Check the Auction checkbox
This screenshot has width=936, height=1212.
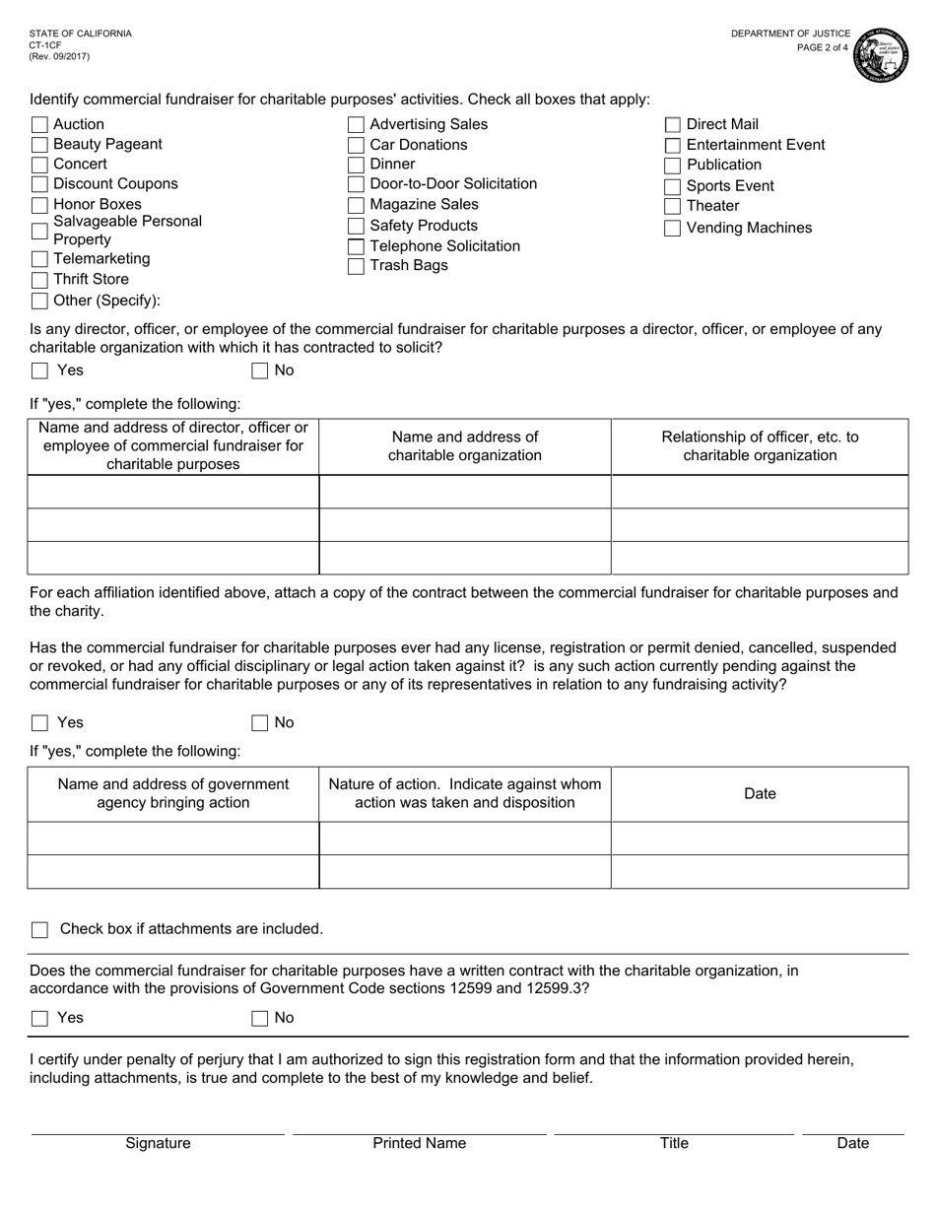point(39,124)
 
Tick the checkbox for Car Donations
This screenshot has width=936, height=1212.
point(357,145)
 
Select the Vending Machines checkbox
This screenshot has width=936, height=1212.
point(673,229)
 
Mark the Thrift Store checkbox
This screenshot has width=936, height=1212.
point(39,280)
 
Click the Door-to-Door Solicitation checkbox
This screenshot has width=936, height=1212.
point(357,185)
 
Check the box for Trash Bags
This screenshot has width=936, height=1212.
point(357,266)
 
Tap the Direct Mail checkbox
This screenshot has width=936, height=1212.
point(673,125)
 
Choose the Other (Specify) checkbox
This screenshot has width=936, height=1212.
point(39,302)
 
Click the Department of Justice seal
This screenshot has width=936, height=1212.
point(881,55)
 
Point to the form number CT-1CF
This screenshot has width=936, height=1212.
point(45,45)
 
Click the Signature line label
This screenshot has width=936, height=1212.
point(158,1144)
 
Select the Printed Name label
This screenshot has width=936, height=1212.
point(419,1144)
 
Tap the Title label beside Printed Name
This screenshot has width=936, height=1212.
point(674,1144)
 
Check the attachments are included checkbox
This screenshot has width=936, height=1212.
point(39,930)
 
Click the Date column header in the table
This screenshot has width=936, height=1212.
point(760,794)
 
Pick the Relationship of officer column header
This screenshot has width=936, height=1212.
point(760,446)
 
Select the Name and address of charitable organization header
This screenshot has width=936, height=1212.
point(464,446)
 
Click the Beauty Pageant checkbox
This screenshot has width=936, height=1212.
point(39,145)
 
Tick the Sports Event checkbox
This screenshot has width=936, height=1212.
point(673,187)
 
